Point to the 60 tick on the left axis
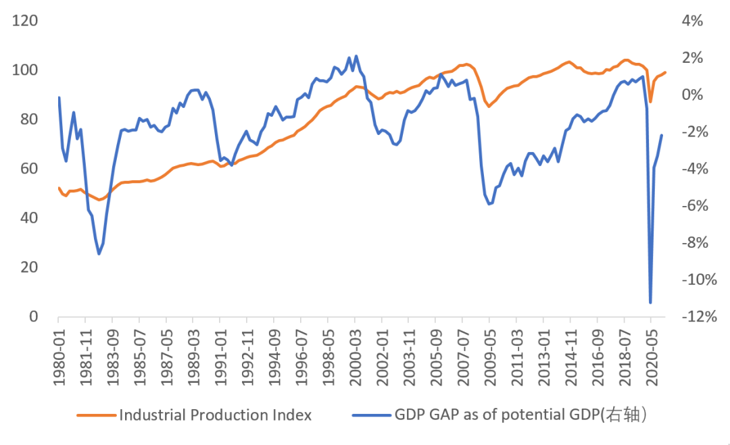pyautogui.click(x=32, y=169)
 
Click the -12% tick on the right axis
pyautogui.click(x=697, y=317)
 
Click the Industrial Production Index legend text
pyautogui.click(x=215, y=415)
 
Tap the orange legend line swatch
pyautogui.click(x=95, y=415)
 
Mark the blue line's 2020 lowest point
pyautogui.click(x=650, y=303)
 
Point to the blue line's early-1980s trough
pyautogui.click(x=99, y=254)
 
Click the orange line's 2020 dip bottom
pyautogui.click(x=650, y=101)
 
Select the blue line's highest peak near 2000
pyautogui.click(x=356, y=56)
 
